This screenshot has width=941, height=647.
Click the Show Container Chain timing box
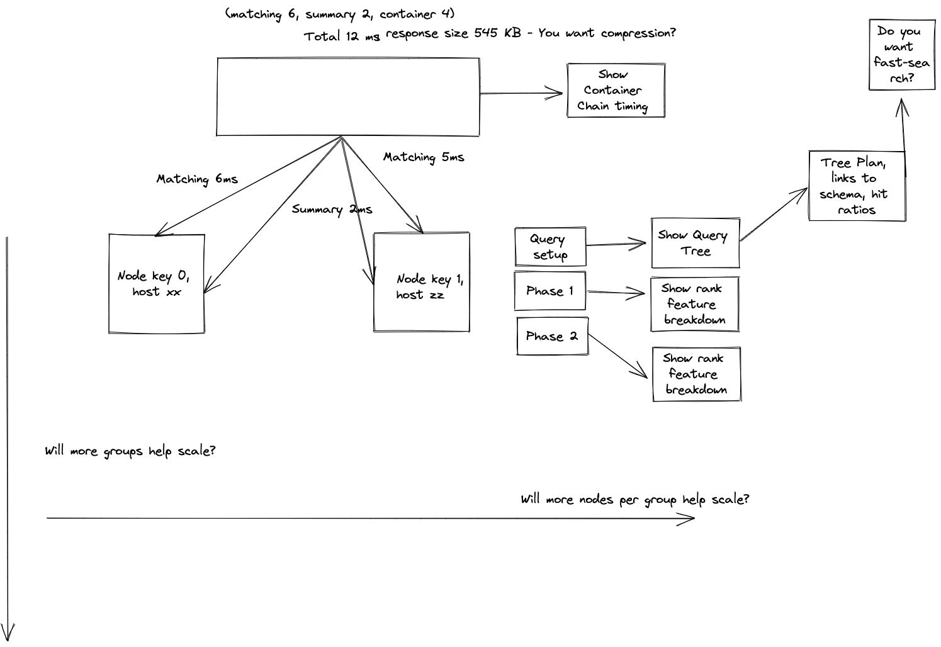(x=616, y=90)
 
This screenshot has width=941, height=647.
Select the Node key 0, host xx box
(x=156, y=283)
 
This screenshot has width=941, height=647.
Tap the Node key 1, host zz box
(x=421, y=282)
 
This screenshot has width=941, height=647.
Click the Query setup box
(x=549, y=247)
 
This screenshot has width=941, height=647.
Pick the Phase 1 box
(x=549, y=291)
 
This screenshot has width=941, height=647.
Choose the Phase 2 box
(x=551, y=336)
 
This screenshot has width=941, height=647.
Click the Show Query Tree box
(x=695, y=243)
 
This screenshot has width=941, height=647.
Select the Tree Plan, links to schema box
(x=857, y=186)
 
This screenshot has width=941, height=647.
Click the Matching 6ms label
(x=197, y=179)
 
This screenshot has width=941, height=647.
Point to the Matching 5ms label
(x=424, y=157)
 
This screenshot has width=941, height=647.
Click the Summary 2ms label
(x=332, y=210)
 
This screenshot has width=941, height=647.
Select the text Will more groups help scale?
(x=130, y=451)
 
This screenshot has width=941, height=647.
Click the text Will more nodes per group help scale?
(x=634, y=500)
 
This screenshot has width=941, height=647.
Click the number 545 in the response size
(x=486, y=33)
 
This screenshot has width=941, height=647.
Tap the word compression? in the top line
(x=638, y=33)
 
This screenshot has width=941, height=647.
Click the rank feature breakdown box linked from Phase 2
(x=696, y=374)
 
